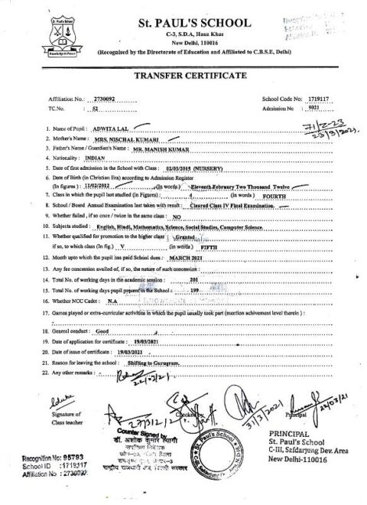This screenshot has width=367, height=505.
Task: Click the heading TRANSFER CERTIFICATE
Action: coord(180,77)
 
